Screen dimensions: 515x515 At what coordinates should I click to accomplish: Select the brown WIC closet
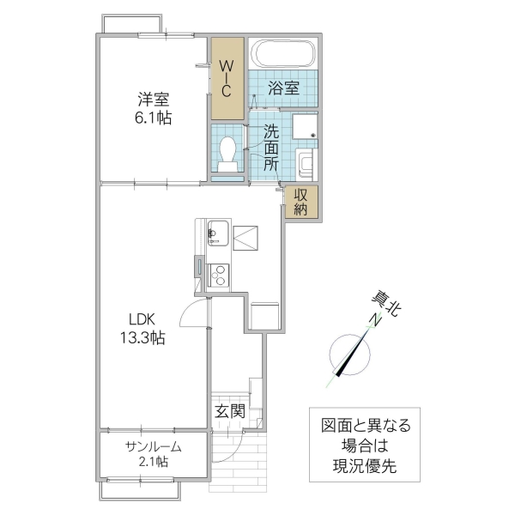(227, 78)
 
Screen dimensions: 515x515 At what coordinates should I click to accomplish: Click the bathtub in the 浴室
(282, 55)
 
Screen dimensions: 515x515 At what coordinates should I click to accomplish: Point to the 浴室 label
(282, 88)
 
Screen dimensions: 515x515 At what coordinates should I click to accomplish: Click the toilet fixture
(228, 153)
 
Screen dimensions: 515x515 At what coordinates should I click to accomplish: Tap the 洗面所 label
(271, 148)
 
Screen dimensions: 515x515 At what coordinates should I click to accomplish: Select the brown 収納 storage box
(302, 203)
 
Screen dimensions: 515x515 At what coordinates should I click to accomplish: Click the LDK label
(142, 318)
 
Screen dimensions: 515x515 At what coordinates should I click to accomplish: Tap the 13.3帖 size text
(142, 338)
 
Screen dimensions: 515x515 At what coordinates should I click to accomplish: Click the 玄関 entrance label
(229, 411)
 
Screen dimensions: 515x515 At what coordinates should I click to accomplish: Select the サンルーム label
(153, 445)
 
